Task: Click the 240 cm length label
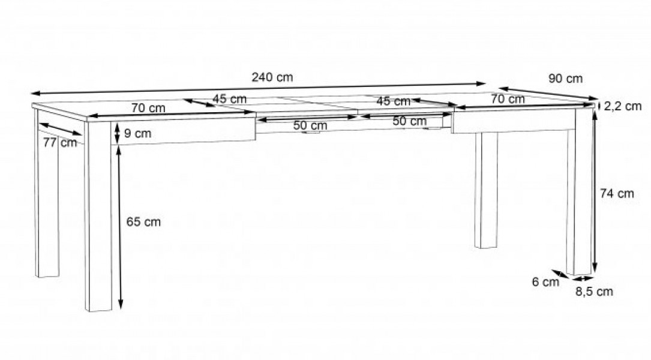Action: pos(272,77)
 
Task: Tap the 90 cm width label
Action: pos(565,79)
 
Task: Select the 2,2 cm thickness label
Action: pos(623,106)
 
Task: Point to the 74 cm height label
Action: pos(617,193)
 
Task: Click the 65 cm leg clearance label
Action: pos(143,222)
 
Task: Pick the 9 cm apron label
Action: pos(137,134)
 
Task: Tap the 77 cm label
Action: pos(60,142)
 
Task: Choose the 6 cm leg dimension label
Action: pos(545,282)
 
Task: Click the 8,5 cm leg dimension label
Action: pos(594,292)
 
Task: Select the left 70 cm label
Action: pos(148,108)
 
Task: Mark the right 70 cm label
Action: pos(508,99)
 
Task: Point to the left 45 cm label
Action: pos(229,99)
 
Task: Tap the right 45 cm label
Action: pos(393,101)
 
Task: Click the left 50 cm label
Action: pos(310,125)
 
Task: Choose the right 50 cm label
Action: pos(409,121)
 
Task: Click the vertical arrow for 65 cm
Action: pos(121,228)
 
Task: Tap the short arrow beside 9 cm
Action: pos(117,133)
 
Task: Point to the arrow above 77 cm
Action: pos(61,129)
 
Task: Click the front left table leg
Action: pos(98,216)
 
